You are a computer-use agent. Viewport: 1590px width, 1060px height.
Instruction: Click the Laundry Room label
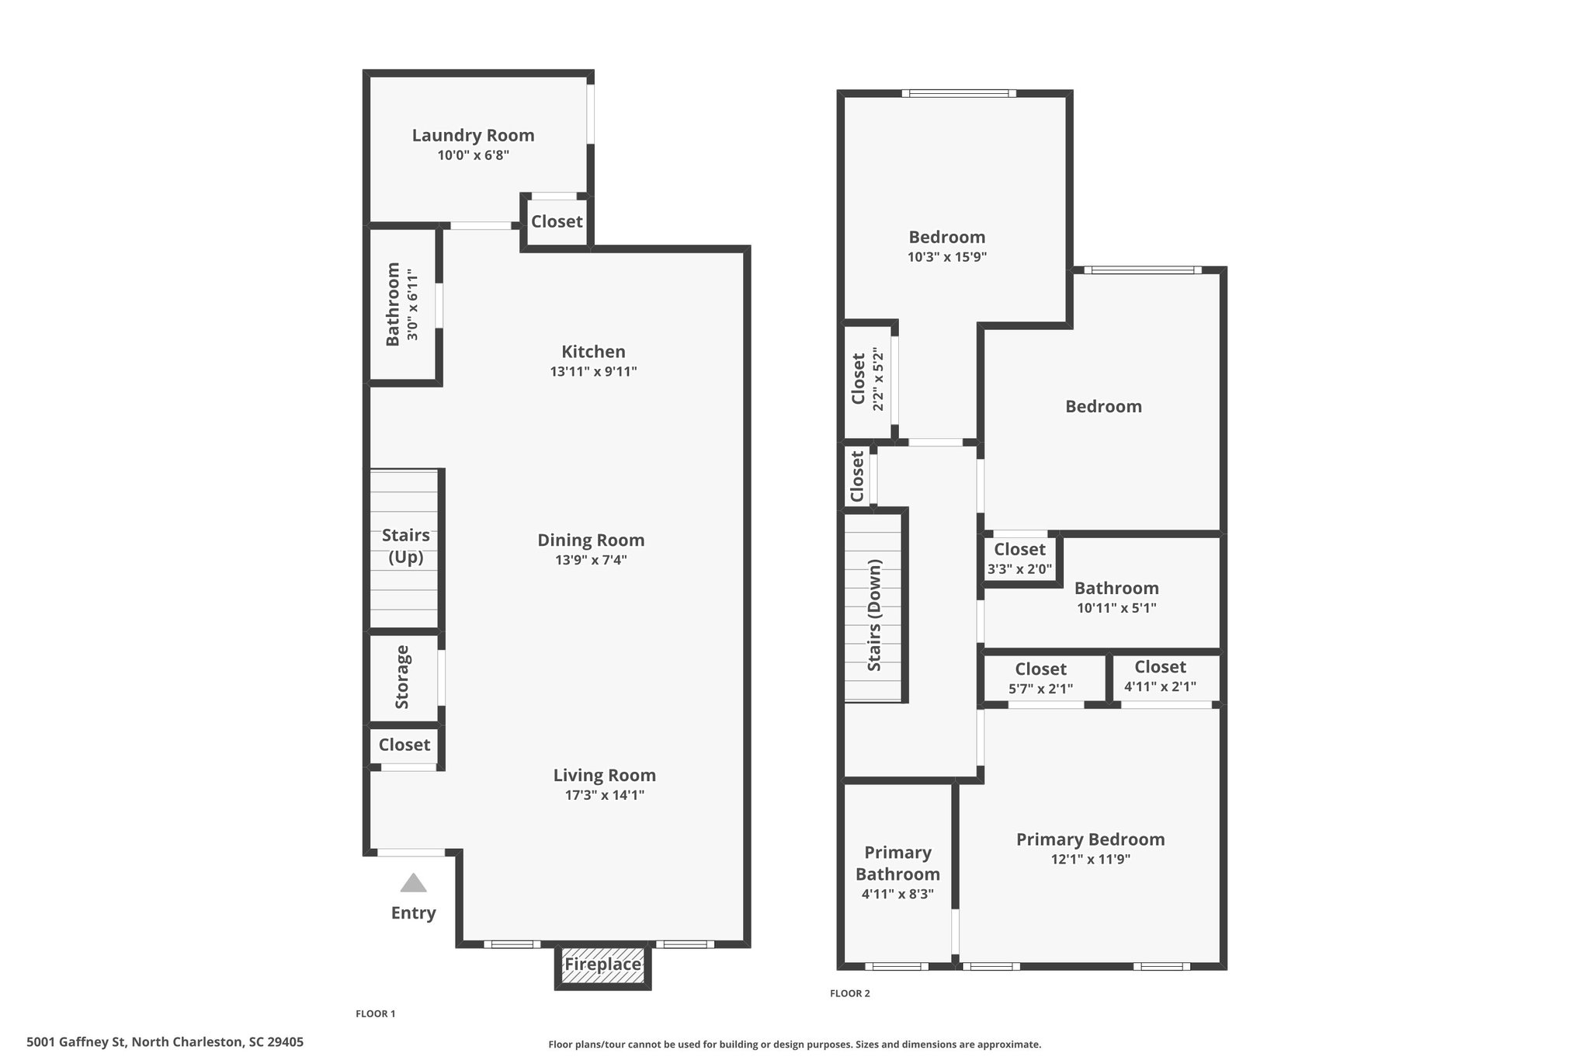point(473,135)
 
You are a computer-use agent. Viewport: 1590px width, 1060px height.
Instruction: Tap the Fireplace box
point(602,965)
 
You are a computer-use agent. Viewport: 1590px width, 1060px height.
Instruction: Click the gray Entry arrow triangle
point(413,883)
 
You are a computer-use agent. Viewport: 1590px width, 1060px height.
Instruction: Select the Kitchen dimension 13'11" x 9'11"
point(593,371)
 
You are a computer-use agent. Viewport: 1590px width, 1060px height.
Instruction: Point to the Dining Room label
point(591,540)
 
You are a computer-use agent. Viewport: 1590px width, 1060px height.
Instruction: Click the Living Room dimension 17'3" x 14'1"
point(605,794)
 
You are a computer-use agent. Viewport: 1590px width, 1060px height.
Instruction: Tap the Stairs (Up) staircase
point(403,548)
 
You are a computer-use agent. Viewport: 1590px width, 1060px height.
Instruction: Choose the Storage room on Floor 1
point(403,678)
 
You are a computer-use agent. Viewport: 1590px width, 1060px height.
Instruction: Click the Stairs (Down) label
point(875,615)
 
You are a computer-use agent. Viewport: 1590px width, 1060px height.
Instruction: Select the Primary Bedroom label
point(1090,839)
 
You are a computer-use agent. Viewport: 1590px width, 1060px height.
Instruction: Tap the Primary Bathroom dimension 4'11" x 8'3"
point(897,894)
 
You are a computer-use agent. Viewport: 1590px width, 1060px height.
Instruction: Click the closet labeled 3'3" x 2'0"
point(1020,558)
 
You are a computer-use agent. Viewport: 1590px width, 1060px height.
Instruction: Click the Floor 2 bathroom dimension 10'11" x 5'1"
point(1116,608)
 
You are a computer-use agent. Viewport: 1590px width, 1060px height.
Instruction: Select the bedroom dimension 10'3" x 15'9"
point(946,257)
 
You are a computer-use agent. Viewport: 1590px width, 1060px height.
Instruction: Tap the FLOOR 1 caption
point(376,1013)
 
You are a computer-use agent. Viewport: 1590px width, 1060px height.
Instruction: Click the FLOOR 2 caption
point(850,993)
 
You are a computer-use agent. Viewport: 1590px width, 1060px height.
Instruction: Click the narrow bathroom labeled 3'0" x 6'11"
point(403,304)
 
